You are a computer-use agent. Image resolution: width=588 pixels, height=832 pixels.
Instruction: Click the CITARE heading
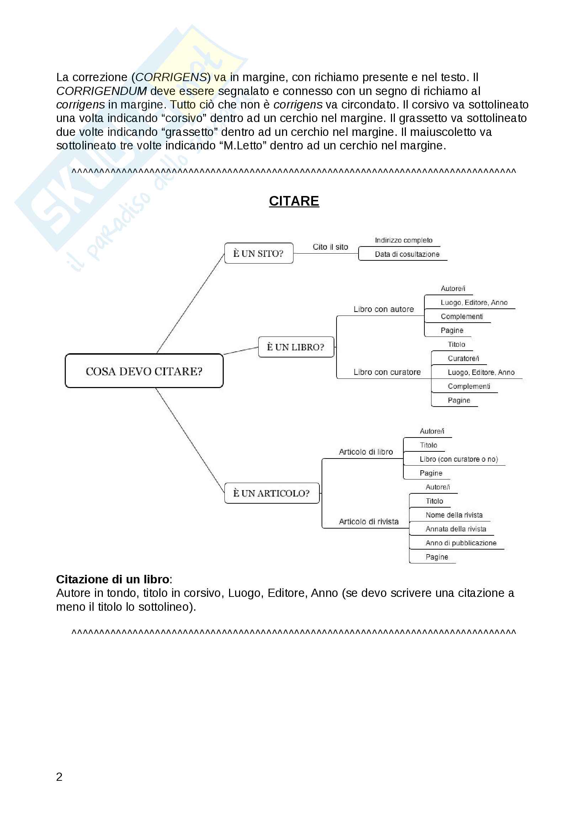coord(294,201)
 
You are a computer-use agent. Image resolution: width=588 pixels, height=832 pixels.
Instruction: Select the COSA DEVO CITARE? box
coord(144,371)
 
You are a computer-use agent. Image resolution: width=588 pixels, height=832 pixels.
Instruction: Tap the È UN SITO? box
coord(258,253)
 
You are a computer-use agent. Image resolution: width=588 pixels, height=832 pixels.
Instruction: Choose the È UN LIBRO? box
coord(296,347)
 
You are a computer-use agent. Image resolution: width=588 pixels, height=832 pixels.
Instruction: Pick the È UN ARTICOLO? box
coord(272,493)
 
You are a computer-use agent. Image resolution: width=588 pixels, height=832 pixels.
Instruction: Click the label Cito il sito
coord(330,247)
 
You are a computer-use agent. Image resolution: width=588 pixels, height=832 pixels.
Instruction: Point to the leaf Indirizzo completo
coord(404,240)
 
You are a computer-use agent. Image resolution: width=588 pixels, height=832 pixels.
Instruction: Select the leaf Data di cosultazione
coord(407,254)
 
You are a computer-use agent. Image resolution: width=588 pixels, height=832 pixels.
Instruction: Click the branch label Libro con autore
coord(383,309)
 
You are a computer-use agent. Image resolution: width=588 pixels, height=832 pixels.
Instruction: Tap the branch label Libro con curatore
coord(387,372)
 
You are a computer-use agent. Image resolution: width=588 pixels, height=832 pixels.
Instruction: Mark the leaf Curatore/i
coord(463,359)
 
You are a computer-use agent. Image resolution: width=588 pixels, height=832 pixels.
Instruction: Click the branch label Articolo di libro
coord(366,452)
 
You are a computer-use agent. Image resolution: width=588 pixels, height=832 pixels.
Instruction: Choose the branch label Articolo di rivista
coord(369,522)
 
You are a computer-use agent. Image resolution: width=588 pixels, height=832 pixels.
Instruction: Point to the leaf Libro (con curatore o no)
coord(459,460)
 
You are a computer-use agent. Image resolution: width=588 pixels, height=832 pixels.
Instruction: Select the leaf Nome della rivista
coord(454,515)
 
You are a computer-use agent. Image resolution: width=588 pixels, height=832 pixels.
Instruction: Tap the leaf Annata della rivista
coord(456,529)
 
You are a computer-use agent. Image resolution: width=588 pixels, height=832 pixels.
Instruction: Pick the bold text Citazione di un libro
coord(113,579)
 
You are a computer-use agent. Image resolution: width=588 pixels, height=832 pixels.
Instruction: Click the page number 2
coord(59,777)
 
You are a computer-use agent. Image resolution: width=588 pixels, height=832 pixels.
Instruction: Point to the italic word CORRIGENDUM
coord(101,91)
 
